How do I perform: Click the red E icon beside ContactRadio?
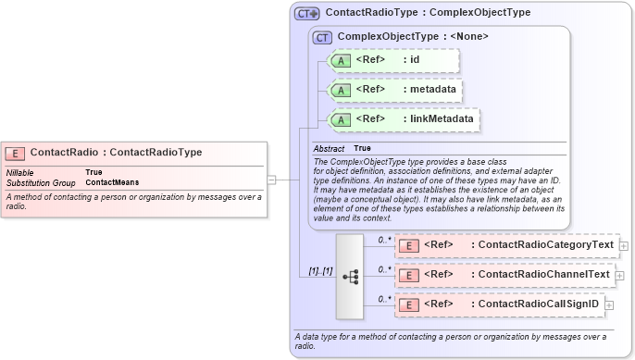point(15,153)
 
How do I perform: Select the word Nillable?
point(22,172)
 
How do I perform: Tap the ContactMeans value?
point(112,182)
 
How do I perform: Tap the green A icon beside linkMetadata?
point(341,119)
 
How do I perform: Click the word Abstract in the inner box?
point(329,149)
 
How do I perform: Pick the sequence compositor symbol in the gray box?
point(351,276)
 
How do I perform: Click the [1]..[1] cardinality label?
point(321,272)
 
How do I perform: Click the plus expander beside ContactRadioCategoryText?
point(624,245)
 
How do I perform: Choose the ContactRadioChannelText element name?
point(540,275)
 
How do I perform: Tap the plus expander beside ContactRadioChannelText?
point(620,275)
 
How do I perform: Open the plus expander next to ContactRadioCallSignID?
point(609,304)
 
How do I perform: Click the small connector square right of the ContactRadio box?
point(271,180)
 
